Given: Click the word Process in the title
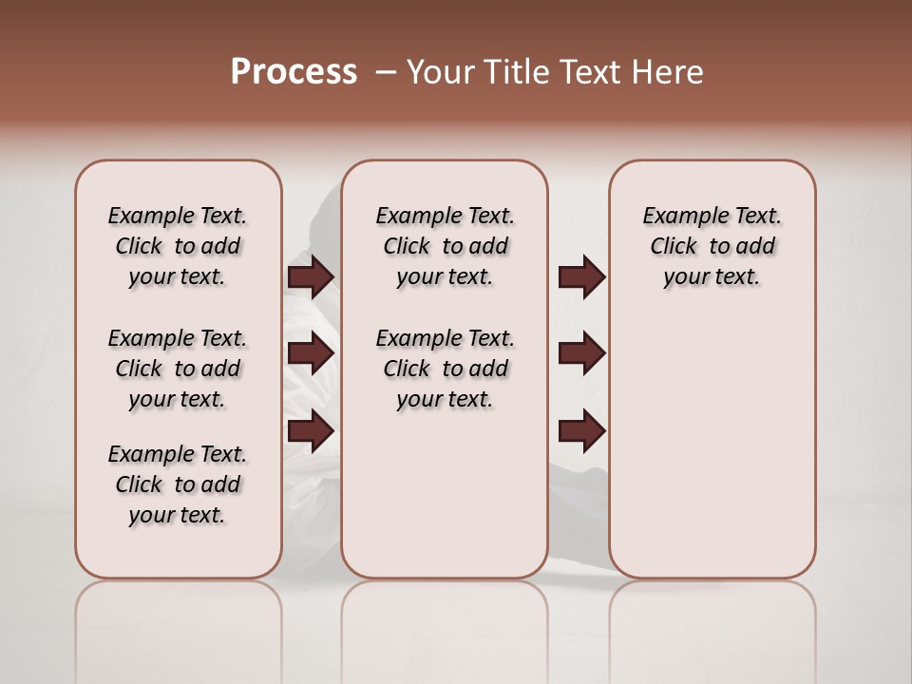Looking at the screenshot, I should [294, 72].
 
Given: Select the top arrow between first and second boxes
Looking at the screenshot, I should [311, 276].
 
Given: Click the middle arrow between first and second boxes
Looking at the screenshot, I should [311, 353].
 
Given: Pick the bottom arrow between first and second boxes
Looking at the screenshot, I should [311, 431].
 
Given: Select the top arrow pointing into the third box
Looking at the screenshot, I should [581, 276].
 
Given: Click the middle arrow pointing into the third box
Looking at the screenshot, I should [581, 353].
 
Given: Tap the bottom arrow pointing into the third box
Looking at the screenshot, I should [581, 431].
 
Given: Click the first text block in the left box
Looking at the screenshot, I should [178, 246].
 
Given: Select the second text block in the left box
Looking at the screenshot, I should [178, 369].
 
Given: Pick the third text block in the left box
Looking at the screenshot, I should [178, 484].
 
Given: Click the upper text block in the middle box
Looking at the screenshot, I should [445, 246].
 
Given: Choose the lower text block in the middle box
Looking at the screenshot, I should [445, 369].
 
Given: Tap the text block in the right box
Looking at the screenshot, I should [712, 246].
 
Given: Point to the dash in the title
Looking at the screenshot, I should [386, 72].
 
